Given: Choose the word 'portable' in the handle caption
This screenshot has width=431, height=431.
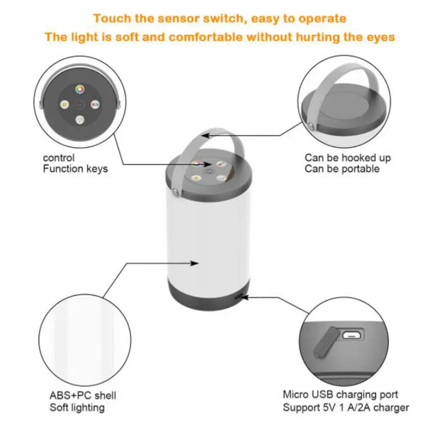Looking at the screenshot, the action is [361, 169].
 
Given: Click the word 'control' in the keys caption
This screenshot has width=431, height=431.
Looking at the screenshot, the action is [59, 158].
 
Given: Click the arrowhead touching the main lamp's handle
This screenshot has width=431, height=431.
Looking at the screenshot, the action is [206, 135].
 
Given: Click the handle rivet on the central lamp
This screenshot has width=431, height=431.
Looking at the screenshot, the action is [176, 189].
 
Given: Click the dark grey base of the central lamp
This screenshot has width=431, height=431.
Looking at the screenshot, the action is [207, 297].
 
